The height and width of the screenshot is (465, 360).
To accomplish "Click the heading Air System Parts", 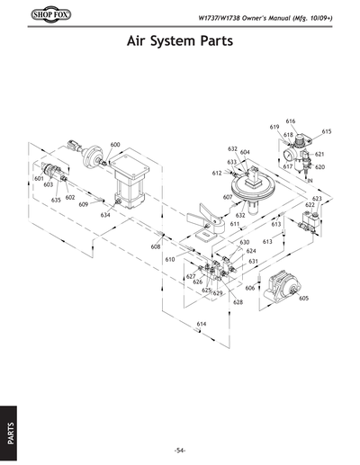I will (180, 42).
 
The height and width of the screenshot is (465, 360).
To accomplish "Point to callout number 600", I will (115, 145).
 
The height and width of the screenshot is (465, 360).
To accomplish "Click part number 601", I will (39, 179).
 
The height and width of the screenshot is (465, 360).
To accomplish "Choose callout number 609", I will (84, 205).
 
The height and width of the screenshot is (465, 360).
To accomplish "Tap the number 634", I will (105, 216).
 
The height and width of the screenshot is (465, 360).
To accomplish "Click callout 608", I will (156, 246).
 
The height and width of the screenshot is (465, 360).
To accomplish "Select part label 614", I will (202, 323).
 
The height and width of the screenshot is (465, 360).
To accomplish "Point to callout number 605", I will (304, 298).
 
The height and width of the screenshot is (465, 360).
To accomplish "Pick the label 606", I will (250, 288).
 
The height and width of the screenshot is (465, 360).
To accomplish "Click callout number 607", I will (228, 197).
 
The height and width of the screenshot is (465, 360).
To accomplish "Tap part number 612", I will (217, 173).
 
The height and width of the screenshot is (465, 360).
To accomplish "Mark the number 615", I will (326, 131).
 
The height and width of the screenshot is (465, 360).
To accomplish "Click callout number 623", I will (317, 198).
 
